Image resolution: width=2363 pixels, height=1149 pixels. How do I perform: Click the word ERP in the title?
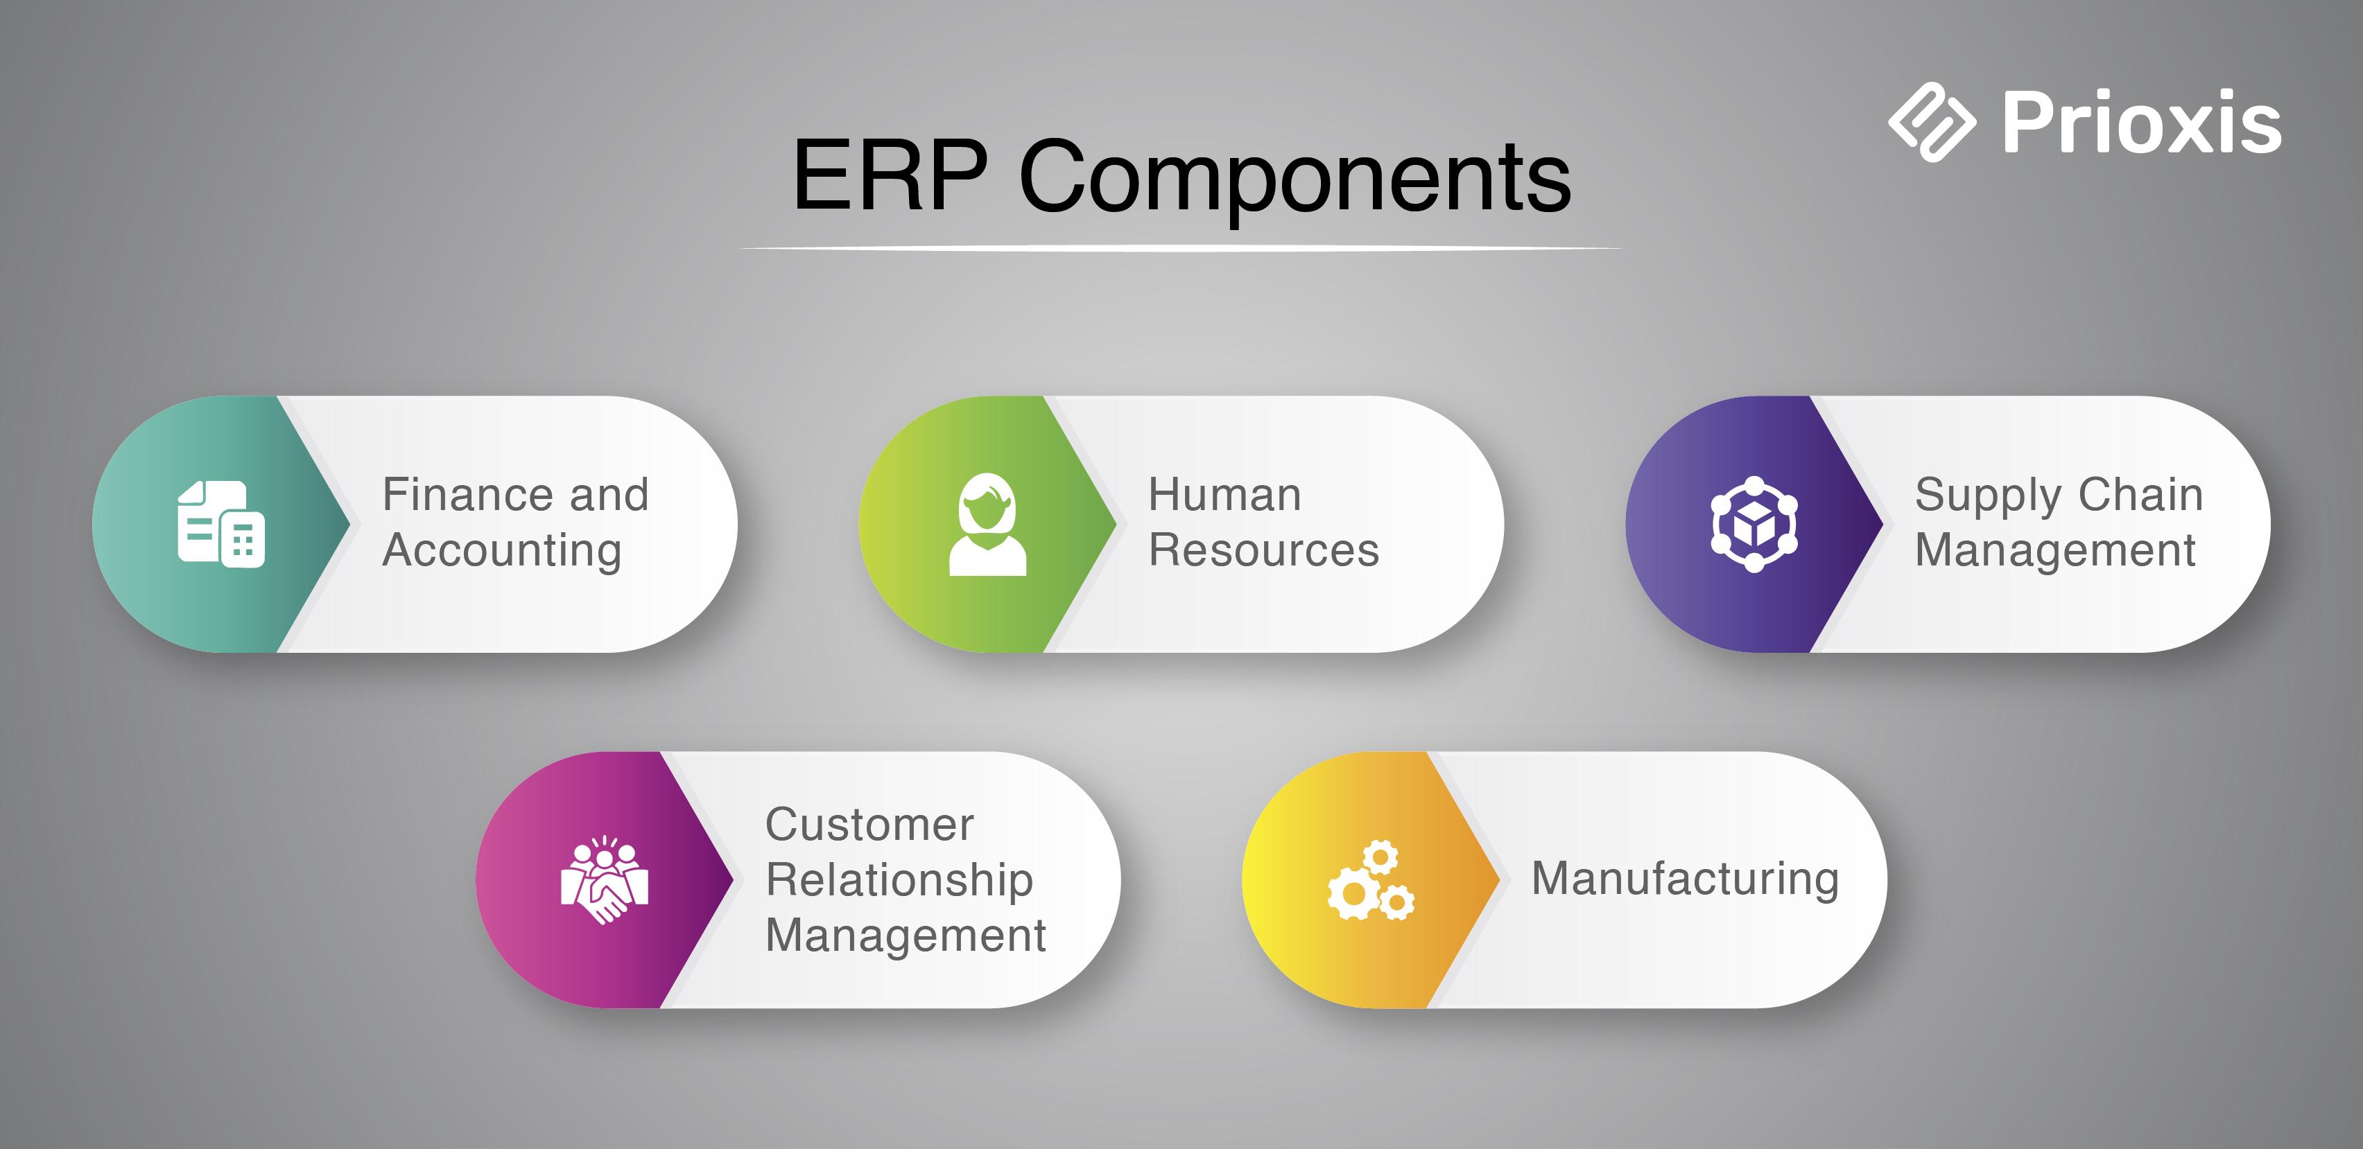pyautogui.click(x=890, y=176)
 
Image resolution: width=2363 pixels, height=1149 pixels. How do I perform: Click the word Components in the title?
pyautogui.click(x=1295, y=179)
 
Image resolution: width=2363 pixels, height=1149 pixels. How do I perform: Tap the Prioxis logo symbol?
pyautogui.click(x=1931, y=122)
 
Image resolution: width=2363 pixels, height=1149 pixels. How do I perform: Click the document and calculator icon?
pyautogui.click(x=221, y=524)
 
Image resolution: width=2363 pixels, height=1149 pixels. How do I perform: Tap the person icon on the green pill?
pyautogui.click(x=987, y=525)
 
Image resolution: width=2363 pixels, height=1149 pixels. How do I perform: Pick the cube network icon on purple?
pyautogui.click(x=1754, y=525)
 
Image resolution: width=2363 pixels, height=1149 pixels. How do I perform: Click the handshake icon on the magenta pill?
pyautogui.click(x=605, y=880)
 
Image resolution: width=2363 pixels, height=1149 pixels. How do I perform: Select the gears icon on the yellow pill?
pyautogui.click(x=1371, y=880)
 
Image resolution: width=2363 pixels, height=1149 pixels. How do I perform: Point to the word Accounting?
pyautogui.click(x=502, y=551)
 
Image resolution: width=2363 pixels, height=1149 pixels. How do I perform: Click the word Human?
pyautogui.click(x=1224, y=495)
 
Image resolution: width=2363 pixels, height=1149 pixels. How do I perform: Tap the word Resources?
pyautogui.click(x=1263, y=551)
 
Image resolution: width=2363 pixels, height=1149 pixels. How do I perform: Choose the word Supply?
pyautogui.click(x=1987, y=496)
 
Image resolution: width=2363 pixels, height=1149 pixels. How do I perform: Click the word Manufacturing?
pyautogui.click(x=1685, y=879)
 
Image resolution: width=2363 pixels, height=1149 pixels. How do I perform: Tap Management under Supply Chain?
pyautogui.click(x=2054, y=551)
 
